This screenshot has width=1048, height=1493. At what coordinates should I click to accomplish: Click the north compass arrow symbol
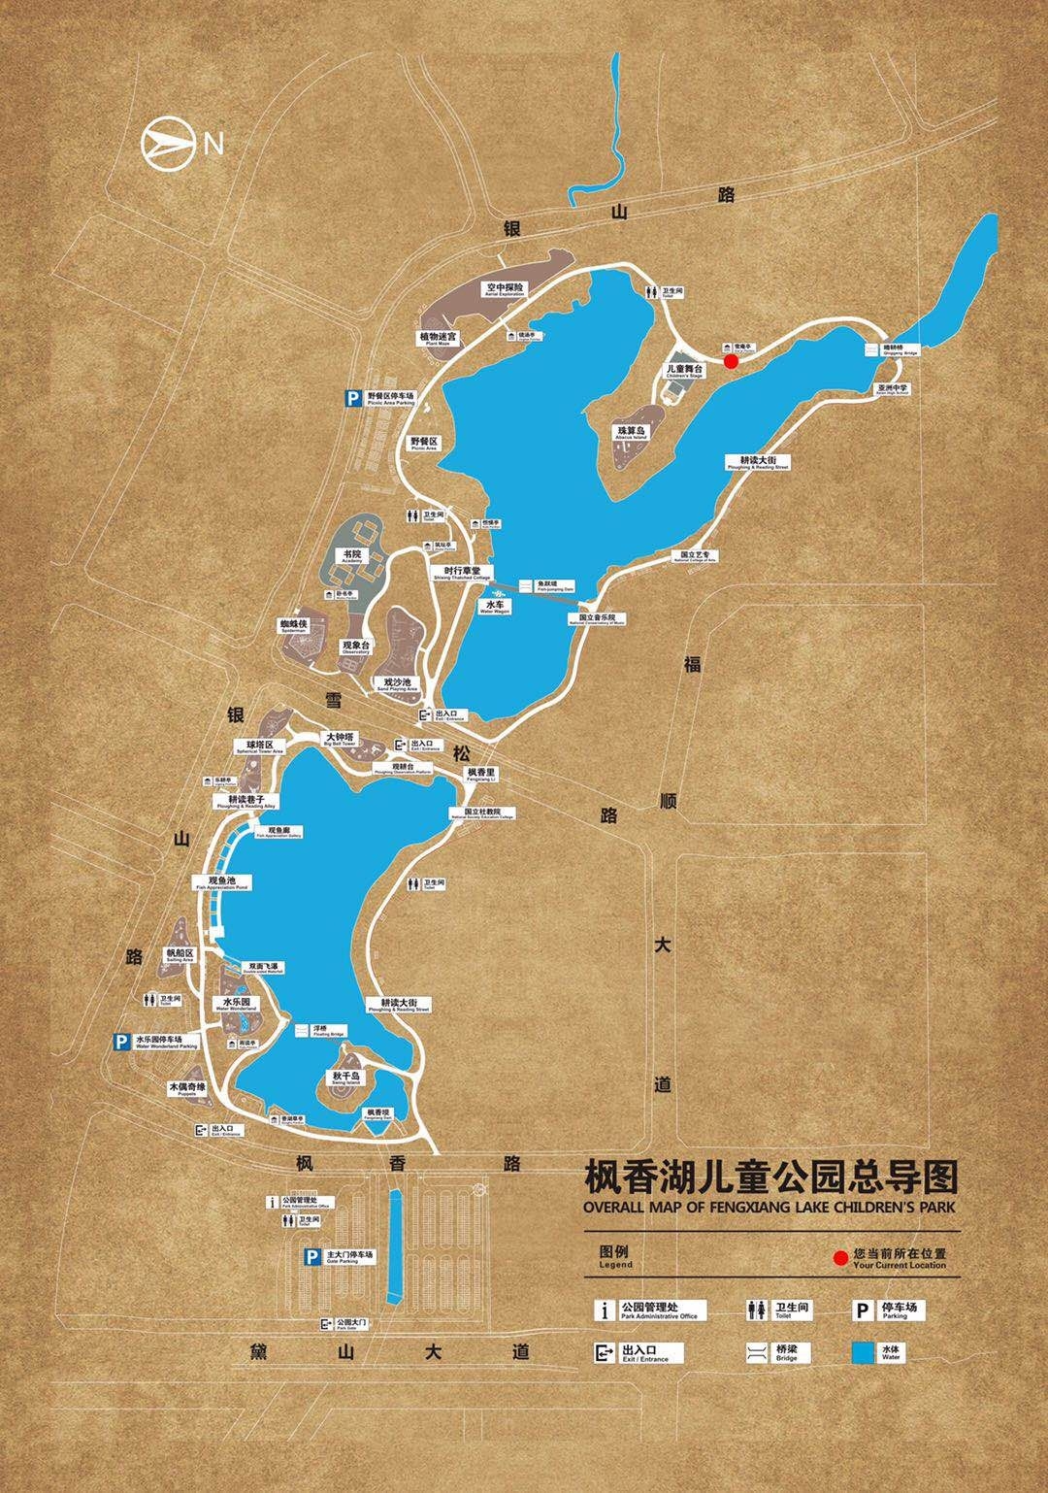(166, 145)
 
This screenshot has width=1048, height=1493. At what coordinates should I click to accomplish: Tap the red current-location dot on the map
(732, 361)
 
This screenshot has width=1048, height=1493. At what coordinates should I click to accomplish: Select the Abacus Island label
(629, 432)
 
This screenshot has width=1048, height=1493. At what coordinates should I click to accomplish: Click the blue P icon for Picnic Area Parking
(353, 397)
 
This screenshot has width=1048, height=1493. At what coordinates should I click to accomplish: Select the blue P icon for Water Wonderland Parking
(121, 1042)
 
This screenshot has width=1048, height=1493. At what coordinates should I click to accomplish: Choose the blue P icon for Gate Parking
(311, 1257)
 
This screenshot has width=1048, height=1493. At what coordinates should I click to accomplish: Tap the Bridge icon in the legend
(757, 1353)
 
